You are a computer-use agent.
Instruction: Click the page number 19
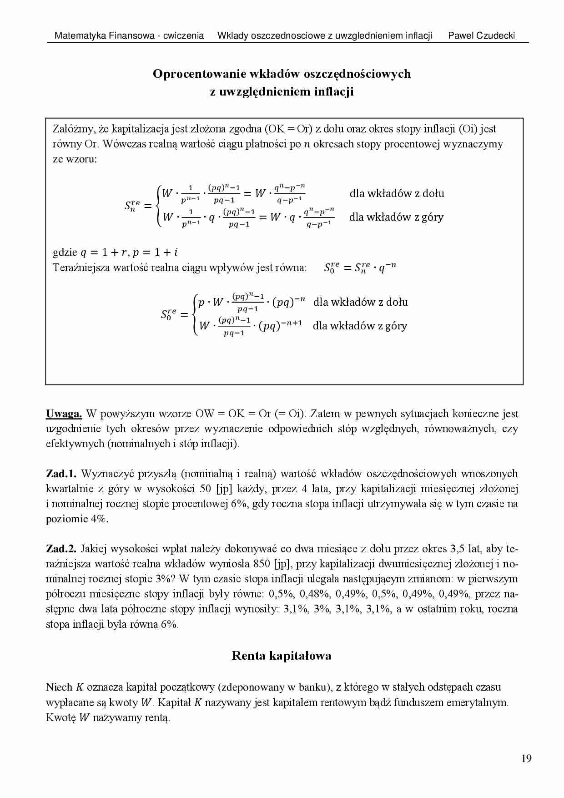pyautogui.click(x=526, y=758)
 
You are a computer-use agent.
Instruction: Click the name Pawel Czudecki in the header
pyautogui.click(x=481, y=35)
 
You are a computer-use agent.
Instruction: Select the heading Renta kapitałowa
pyautogui.click(x=281, y=656)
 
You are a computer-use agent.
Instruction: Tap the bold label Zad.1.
pyautogui.click(x=61, y=474)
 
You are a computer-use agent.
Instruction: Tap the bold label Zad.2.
pyautogui.click(x=61, y=549)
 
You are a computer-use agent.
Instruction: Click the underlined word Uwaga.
pyautogui.click(x=64, y=414)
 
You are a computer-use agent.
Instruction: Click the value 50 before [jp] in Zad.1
pyautogui.click(x=205, y=489)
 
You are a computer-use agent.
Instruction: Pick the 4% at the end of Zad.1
pyautogui.click(x=99, y=519)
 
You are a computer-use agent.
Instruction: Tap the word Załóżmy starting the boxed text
pyautogui.click(x=74, y=129)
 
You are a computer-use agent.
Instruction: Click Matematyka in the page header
pyautogui.click(x=80, y=35)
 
